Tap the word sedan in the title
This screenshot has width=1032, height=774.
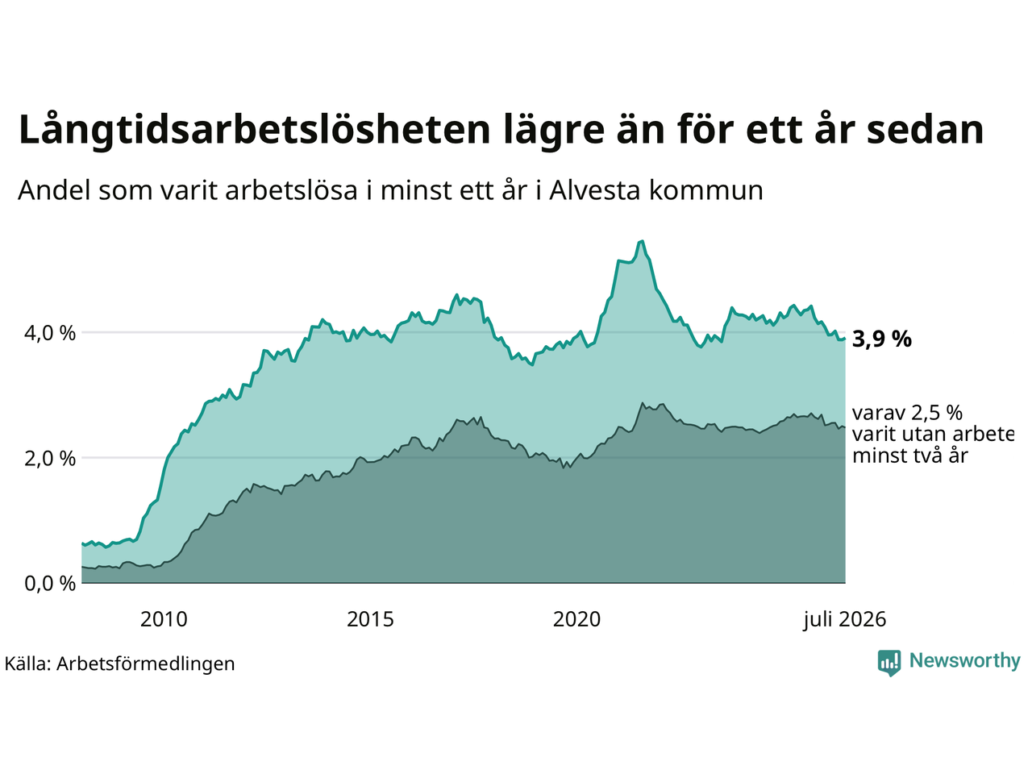tap(925, 130)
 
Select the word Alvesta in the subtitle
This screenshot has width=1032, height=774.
tap(594, 190)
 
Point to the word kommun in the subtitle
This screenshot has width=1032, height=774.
tap(705, 191)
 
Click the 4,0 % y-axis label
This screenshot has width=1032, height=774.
tap(50, 333)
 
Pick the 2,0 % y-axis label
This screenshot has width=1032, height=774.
tap(50, 458)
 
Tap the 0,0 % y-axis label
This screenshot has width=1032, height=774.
tap(50, 584)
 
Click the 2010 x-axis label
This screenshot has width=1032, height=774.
tap(164, 620)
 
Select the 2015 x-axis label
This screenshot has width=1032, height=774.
tap(370, 620)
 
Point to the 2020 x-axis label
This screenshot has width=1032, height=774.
tap(576, 620)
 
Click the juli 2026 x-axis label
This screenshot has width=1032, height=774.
tap(844, 620)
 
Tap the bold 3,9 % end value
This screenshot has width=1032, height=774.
tap(881, 339)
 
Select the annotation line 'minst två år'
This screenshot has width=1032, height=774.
tap(910, 456)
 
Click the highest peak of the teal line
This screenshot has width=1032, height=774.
tap(643, 241)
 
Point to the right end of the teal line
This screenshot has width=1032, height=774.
tap(845, 339)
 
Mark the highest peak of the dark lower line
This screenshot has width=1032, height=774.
tap(643, 403)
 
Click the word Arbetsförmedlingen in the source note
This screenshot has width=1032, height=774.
tap(145, 664)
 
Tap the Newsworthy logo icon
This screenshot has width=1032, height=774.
tap(889, 663)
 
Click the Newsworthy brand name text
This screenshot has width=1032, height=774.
tap(965, 661)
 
